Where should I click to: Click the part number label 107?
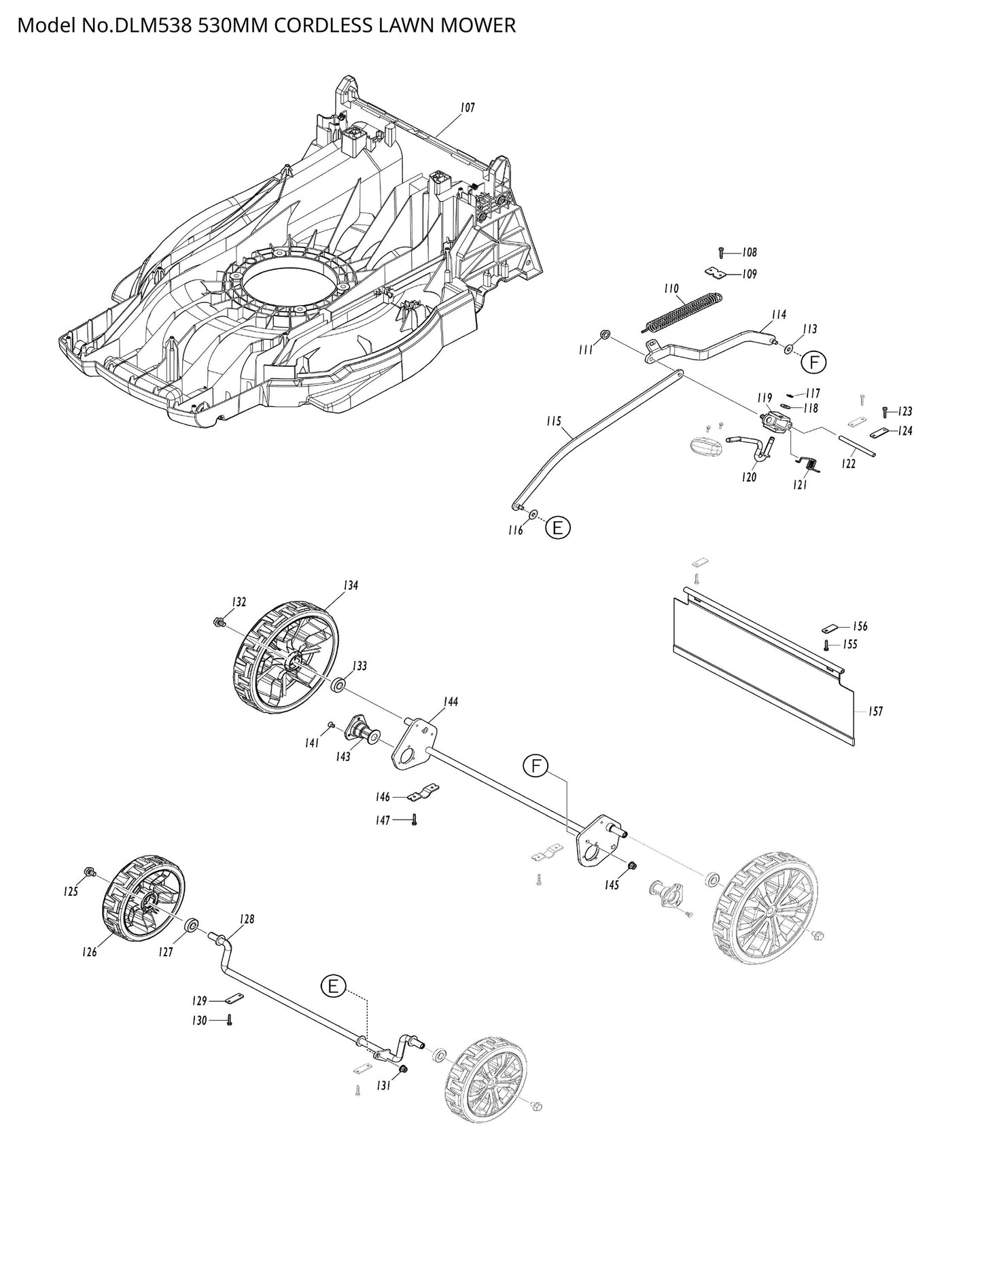point(467,107)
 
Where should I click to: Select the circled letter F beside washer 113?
point(813,362)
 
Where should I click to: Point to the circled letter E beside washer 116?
point(557,528)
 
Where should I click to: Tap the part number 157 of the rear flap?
point(876,712)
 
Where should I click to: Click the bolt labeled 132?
point(220,621)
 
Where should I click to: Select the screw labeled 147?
point(414,820)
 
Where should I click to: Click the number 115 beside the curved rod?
point(554,422)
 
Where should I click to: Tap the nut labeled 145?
point(631,865)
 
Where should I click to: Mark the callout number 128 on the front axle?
point(246,919)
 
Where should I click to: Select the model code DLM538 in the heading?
point(143,26)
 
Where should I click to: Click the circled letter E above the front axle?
point(333,987)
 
